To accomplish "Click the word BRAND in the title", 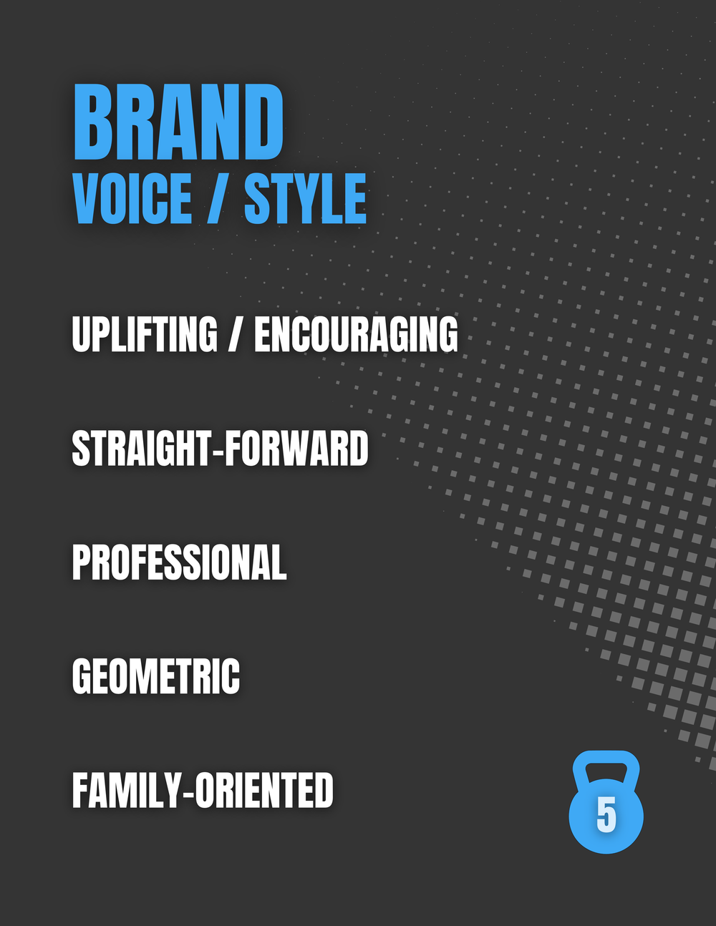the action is coord(178,122).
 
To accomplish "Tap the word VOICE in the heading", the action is coord(132,198).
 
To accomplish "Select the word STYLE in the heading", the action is coord(305,198).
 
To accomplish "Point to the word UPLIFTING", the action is coord(145,334).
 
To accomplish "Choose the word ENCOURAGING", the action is coord(356,334).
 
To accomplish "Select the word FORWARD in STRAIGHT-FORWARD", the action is coord(296,448).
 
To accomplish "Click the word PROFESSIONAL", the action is coord(180,562).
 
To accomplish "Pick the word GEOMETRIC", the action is coord(156,676).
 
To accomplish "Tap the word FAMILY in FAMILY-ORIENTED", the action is coord(127,789).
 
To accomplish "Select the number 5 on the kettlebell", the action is coord(606,814).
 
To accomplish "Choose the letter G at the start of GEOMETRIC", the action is coord(84,676).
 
